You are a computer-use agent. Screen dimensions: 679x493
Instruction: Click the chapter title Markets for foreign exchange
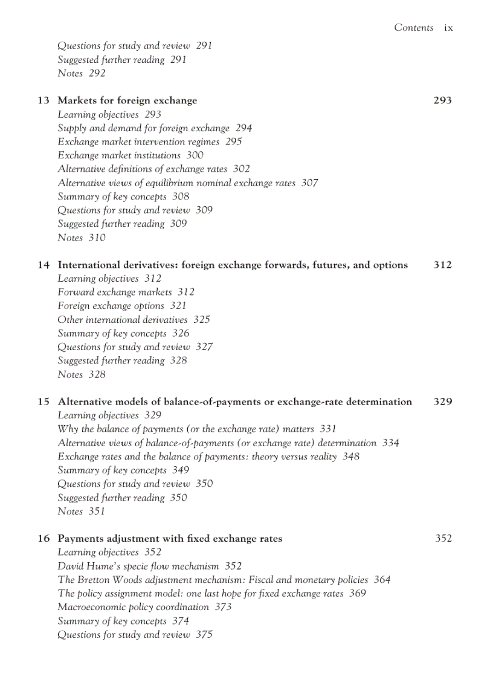tap(127, 100)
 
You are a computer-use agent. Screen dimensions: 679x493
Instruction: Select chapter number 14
tap(43, 265)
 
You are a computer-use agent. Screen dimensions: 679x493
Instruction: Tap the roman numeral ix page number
tap(448, 28)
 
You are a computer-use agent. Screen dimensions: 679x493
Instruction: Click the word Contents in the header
tap(413, 28)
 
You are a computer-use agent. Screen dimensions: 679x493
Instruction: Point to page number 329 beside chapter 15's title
tap(442, 401)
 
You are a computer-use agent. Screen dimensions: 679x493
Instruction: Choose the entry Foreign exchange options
tap(111, 306)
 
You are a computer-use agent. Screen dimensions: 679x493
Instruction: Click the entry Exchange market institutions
tap(119, 155)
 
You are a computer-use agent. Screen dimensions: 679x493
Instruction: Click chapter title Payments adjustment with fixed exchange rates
tap(170, 538)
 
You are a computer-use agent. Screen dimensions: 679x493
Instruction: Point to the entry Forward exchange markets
tap(115, 292)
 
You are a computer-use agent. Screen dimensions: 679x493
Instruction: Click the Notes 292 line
tap(82, 73)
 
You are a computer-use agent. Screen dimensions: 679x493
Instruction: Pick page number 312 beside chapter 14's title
tap(442, 265)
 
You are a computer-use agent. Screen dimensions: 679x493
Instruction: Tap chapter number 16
tap(43, 538)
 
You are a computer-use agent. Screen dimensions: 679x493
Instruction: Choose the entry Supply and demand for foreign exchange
tap(144, 128)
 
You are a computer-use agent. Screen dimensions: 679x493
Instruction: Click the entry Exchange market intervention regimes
tap(138, 141)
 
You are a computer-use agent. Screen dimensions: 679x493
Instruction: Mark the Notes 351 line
tap(82, 512)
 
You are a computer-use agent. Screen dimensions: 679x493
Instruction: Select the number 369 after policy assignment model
tap(357, 593)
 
